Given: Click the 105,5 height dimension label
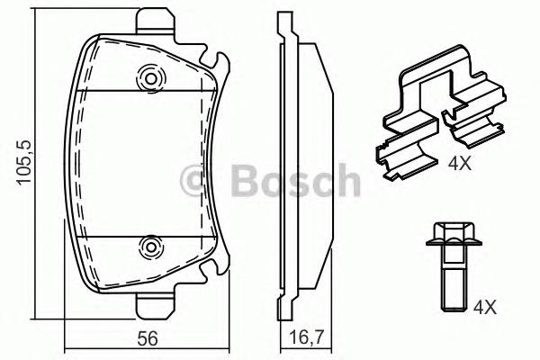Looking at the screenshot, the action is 24,162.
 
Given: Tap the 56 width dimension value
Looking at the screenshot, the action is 148,337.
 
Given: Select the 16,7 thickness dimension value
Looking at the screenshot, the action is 306,337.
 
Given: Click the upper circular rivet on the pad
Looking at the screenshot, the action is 151,78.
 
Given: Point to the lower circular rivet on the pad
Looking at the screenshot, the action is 151,247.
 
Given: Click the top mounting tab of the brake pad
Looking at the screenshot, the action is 155,21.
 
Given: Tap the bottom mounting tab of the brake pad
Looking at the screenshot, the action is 155,306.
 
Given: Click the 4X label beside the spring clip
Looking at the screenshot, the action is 459,163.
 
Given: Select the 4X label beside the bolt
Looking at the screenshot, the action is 485,307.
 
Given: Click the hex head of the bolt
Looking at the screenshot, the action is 454,234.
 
